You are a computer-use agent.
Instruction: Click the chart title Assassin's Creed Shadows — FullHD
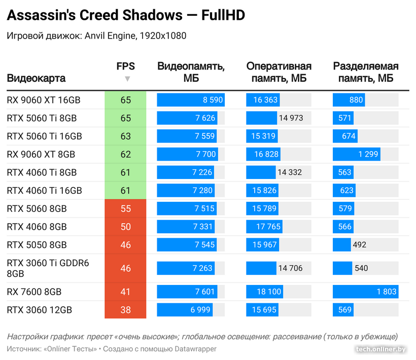(125, 16)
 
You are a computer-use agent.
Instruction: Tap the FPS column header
(125, 66)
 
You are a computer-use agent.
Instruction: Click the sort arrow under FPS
(127, 79)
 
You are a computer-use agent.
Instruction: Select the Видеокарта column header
(36, 79)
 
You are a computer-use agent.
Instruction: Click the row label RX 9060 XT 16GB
(44, 100)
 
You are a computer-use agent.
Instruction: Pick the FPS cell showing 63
(125, 136)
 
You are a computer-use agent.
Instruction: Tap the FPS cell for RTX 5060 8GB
(125, 209)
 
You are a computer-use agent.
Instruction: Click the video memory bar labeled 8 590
(190, 100)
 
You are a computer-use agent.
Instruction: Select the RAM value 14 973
(291, 118)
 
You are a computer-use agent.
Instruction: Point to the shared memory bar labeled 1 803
(365, 292)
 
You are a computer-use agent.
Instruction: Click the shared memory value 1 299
(368, 155)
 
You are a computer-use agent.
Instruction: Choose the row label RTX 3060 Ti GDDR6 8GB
(48, 268)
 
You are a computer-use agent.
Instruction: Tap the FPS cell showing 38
(125, 310)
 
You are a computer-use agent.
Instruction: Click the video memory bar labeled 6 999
(185, 310)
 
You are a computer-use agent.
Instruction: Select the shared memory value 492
(359, 245)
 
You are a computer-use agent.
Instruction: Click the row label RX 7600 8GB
(34, 292)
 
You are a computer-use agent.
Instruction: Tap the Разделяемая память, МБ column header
(365, 73)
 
